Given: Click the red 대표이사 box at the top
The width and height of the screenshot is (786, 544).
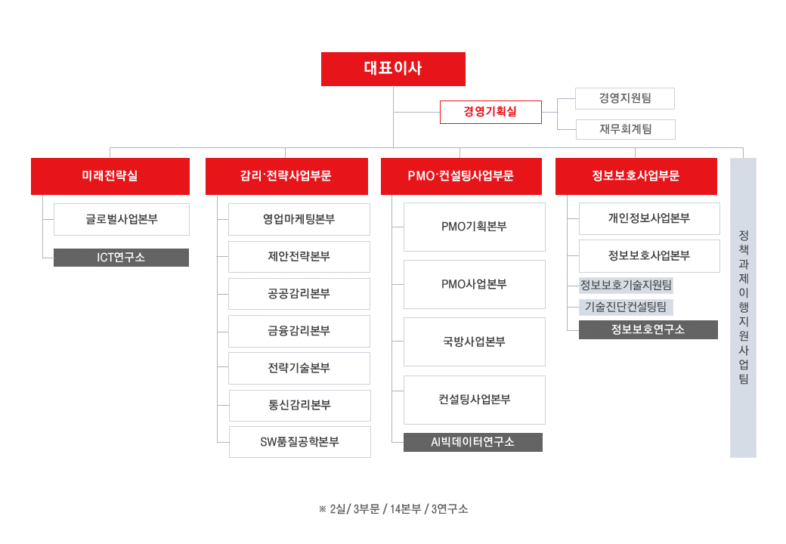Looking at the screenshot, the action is coord(393,69).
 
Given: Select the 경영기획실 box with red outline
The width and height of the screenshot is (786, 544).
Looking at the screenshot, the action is coord(490,112).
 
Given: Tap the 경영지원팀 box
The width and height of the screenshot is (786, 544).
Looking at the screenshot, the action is coord(624,98).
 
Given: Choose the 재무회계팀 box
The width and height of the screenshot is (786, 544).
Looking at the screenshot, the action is coord(626,129).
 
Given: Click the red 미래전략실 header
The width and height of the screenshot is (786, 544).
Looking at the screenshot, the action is coord(110,176).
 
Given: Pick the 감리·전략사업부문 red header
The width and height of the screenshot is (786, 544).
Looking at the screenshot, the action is coord(286,176).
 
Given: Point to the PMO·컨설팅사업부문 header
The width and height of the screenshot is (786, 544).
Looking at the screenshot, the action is coord(461,176).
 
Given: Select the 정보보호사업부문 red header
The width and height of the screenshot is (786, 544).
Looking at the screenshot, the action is coord(636,176).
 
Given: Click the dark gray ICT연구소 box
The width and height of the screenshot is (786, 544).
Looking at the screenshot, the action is coord(122,258).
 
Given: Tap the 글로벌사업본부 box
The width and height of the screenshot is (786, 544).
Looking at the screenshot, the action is coord(122,219).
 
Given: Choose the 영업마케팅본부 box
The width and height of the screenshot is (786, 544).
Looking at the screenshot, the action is coord(299,219).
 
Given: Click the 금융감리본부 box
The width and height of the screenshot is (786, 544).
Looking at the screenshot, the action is coord(299,331).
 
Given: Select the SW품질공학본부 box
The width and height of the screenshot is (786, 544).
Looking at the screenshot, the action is coord(300,442).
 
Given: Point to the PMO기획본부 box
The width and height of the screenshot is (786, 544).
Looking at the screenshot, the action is coord(474,227).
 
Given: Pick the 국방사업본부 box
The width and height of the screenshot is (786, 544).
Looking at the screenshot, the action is coord(474,342).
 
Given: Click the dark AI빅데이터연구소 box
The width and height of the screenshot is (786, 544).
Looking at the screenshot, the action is coord(472,442).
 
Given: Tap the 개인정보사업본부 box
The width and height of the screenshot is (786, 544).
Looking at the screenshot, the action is coord(649,218).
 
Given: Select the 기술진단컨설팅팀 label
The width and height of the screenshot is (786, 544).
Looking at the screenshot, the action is coord(626,307).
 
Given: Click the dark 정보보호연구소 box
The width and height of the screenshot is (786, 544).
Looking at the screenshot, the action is coord(648,329).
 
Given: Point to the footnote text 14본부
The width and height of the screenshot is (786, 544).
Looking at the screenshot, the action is coord(406,509).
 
